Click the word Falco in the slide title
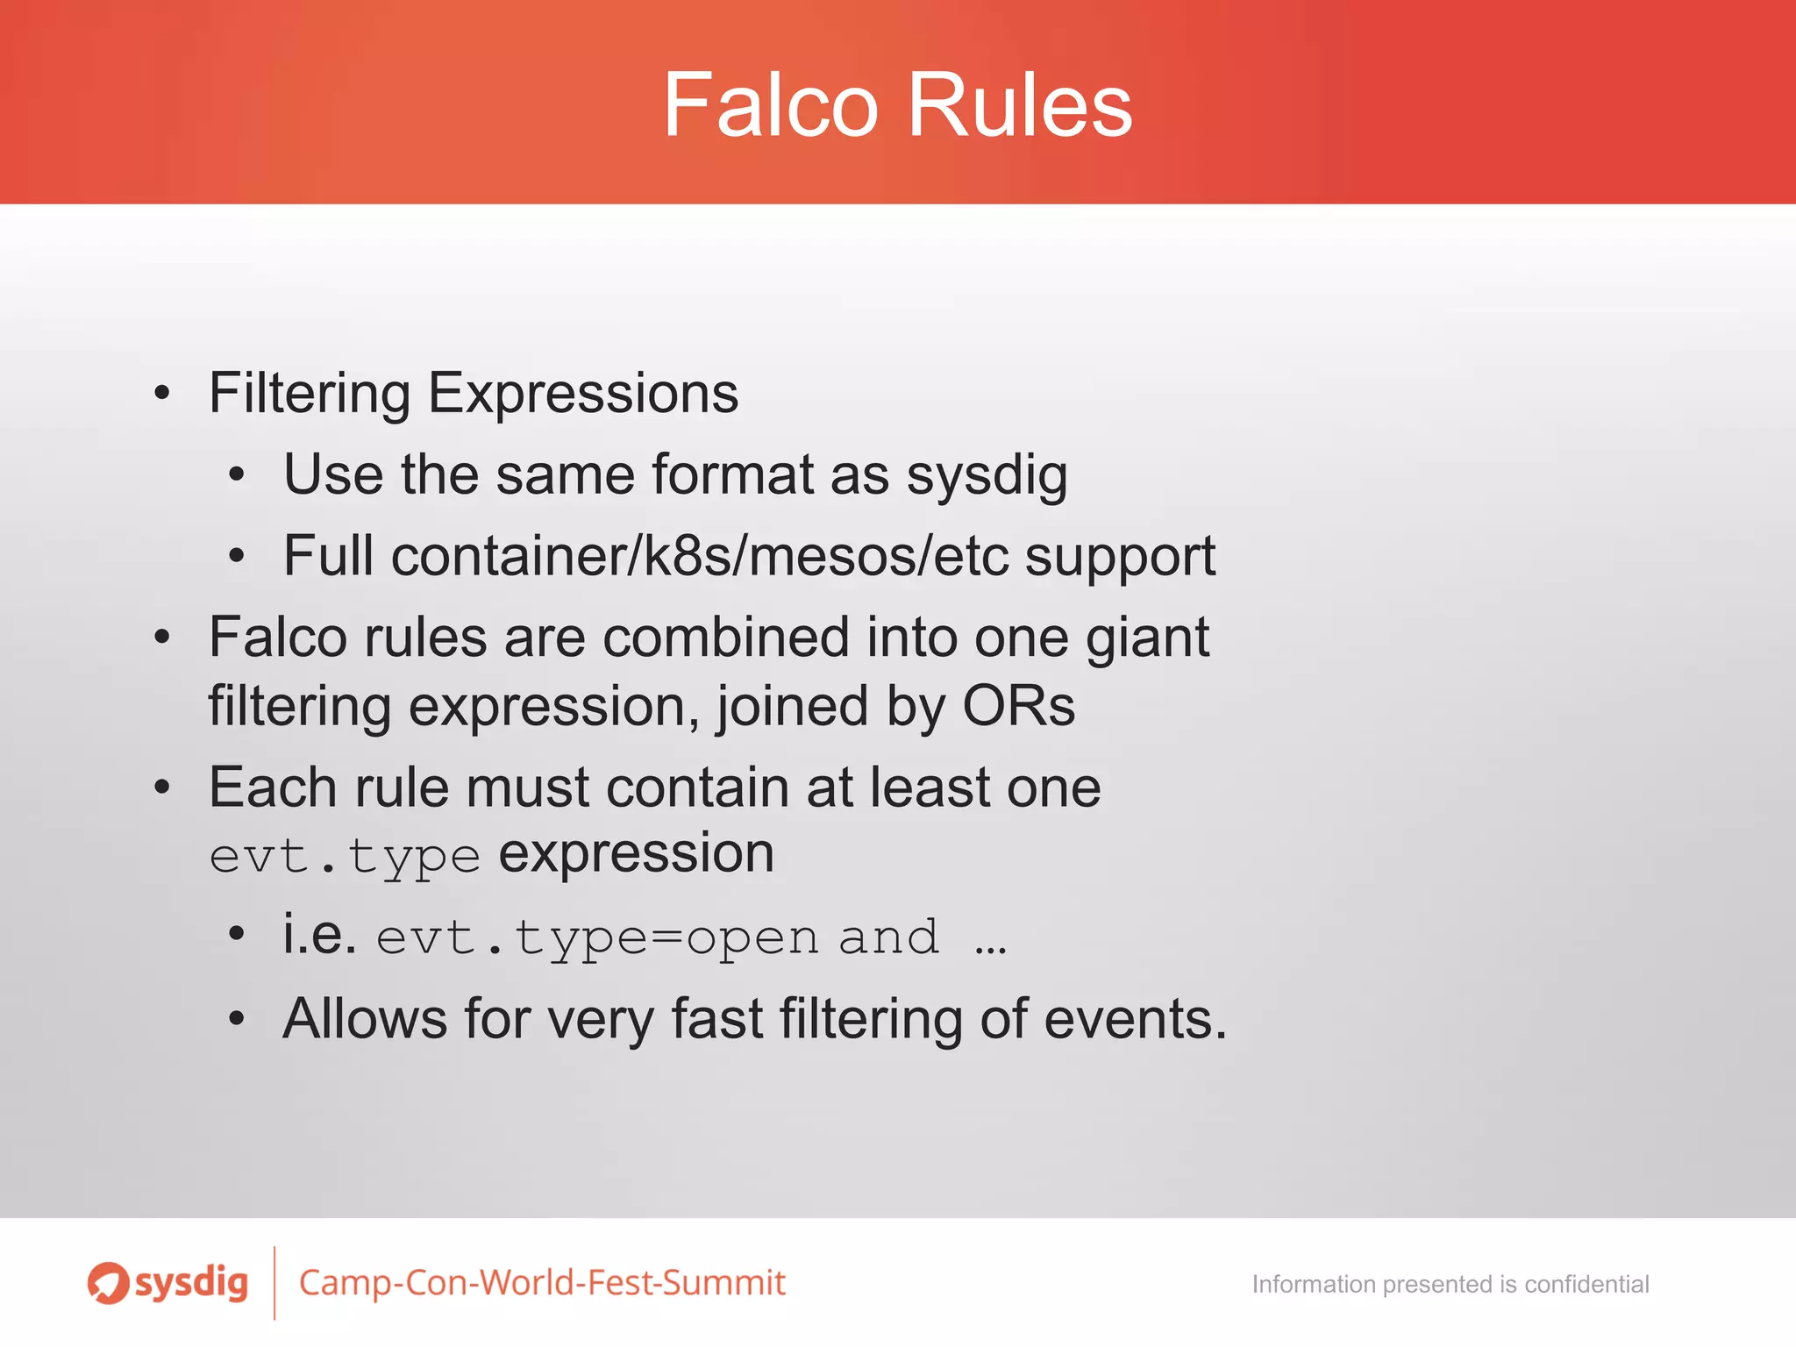point(770,105)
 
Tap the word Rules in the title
point(1020,105)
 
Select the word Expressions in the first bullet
point(582,394)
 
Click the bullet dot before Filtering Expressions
point(161,394)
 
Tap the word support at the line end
point(1120,558)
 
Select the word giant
point(1147,638)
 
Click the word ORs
point(1018,706)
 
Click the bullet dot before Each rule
point(161,788)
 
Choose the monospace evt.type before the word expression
point(345,857)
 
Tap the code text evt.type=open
point(597,938)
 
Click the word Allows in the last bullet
point(365,1019)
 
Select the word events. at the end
point(1135,1019)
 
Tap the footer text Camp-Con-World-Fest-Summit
point(542,1283)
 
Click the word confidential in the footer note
point(1586,1285)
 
